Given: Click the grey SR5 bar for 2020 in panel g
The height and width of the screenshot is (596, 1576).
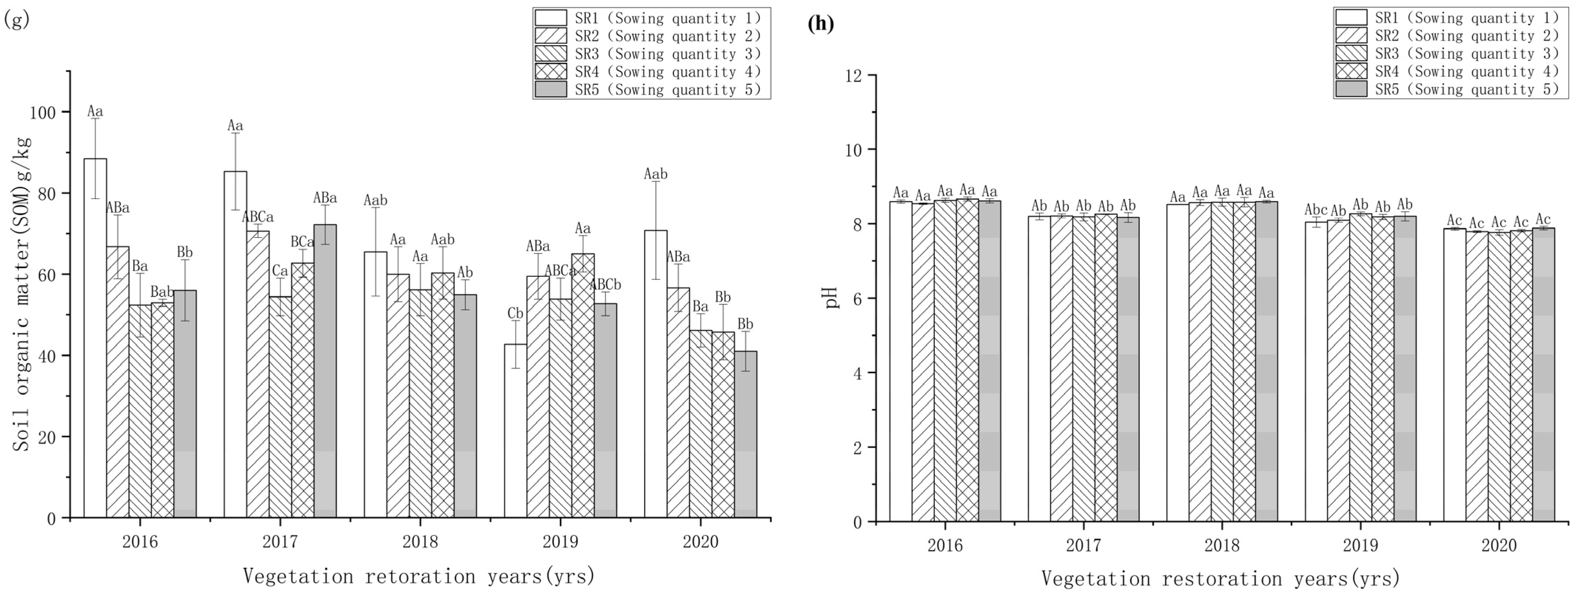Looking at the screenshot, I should click(x=745, y=434).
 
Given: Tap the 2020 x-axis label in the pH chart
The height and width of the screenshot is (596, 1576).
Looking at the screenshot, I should click(x=1498, y=545).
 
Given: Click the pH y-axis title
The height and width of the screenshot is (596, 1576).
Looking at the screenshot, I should click(x=832, y=298).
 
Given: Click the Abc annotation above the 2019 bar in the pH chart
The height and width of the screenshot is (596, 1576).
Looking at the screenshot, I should click(x=1315, y=209).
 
